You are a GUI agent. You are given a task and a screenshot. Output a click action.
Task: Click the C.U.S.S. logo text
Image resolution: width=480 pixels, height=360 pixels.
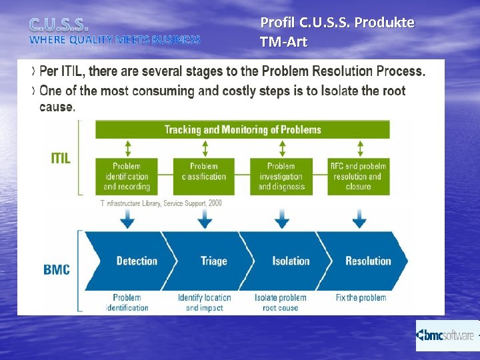58,25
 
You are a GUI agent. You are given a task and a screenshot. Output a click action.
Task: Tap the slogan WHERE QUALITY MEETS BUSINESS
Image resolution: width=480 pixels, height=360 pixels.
115,40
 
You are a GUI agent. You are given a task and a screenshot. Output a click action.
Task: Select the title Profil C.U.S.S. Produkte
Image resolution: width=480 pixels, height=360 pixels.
337,23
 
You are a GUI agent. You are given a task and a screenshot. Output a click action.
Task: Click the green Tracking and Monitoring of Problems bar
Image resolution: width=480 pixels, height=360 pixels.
243,129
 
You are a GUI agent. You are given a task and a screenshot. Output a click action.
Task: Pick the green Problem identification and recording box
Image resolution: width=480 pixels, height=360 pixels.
127,176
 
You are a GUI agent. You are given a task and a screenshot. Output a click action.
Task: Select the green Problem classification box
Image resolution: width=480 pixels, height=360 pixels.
204,176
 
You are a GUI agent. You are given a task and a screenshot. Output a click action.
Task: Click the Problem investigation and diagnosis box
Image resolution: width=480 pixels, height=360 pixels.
281,176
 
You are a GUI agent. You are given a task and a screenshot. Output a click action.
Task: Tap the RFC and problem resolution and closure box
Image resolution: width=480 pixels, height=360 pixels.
358,176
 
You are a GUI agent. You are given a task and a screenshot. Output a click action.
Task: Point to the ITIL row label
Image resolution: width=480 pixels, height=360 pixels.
60,158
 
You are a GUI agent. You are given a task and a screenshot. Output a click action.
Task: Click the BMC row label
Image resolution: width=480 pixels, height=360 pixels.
57,269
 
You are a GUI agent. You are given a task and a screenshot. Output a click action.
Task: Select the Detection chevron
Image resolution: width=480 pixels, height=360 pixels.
133,261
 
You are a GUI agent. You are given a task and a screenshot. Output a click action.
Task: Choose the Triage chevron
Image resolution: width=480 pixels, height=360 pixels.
213,261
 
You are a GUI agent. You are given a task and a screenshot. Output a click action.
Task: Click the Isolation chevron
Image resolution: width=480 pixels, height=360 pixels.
291,261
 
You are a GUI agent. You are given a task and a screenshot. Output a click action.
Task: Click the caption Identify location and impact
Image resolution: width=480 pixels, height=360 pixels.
204,303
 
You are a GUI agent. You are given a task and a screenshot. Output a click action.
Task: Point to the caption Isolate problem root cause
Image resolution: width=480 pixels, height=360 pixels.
281,303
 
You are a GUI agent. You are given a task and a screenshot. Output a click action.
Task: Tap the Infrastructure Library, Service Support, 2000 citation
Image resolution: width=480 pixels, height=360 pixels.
161,203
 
